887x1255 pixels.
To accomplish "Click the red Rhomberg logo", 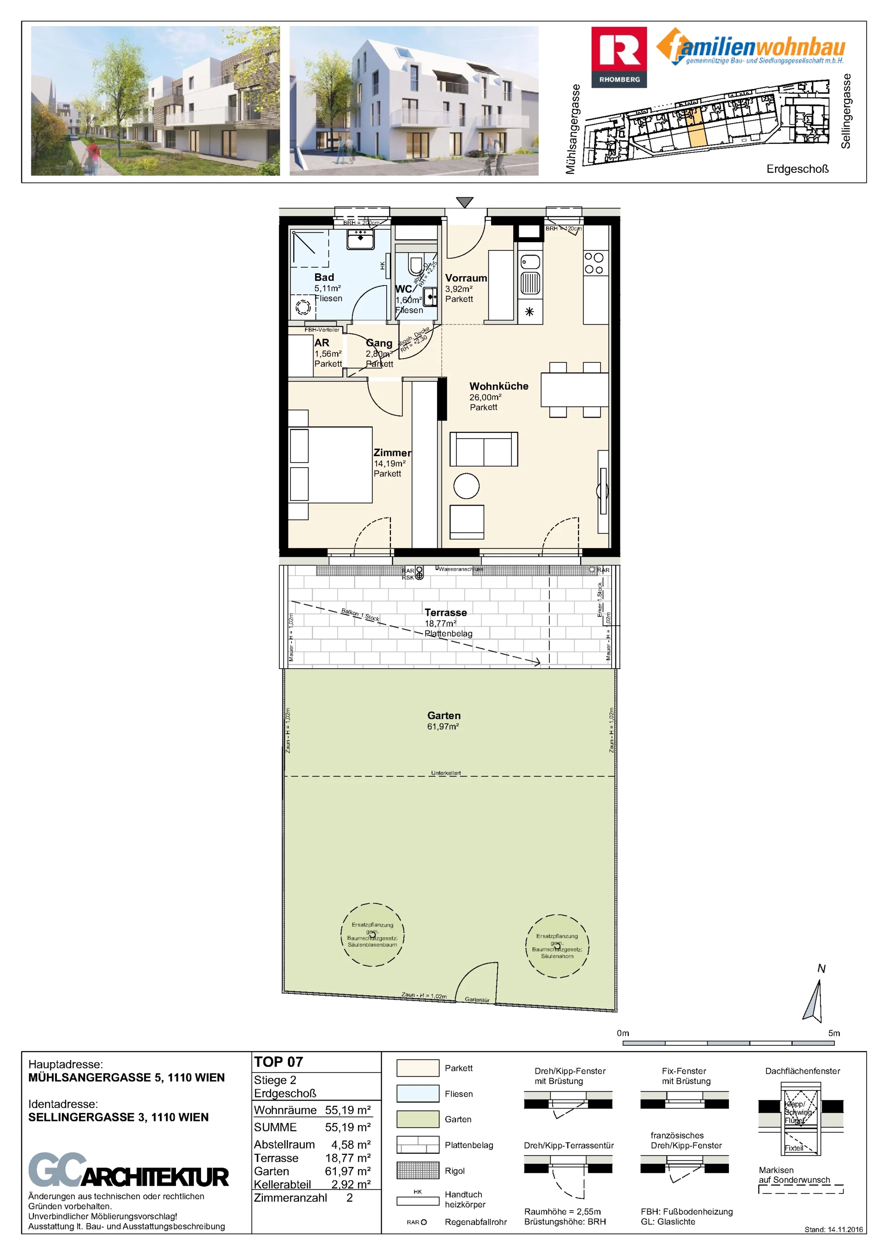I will (619, 56).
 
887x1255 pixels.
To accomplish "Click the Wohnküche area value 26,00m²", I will (485, 397).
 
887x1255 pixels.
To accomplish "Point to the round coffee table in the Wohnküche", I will (466, 486).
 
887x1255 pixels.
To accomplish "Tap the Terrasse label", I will (445, 613).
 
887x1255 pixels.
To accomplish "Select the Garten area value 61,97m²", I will (443, 726).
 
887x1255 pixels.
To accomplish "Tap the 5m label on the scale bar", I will (833, 1033).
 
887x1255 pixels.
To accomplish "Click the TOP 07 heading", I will (278, 1062).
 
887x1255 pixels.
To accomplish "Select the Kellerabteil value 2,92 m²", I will (351, 1184).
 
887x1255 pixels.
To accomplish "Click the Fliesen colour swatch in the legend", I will (418, 1094).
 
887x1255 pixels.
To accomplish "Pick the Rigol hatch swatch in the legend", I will (418, 1170).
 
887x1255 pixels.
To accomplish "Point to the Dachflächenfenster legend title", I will (802, 1071).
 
